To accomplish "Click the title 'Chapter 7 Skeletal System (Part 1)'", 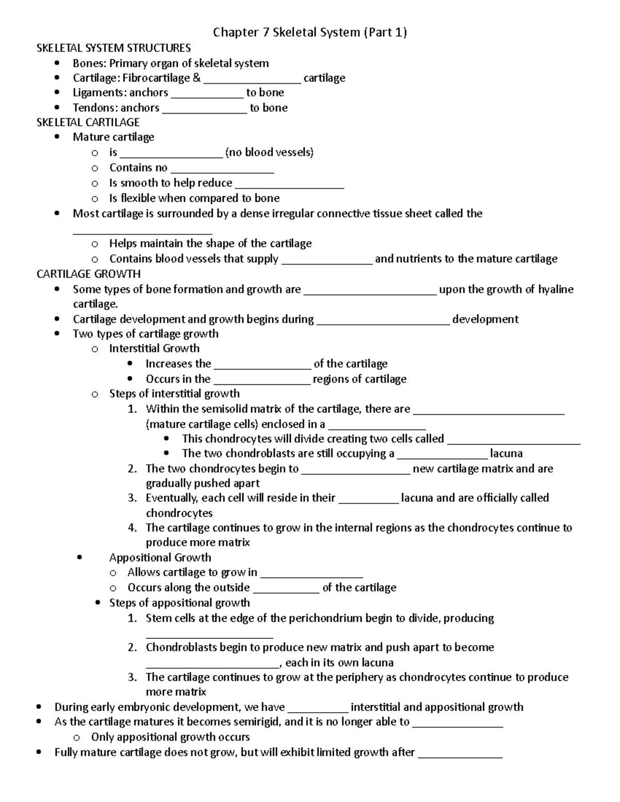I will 310,33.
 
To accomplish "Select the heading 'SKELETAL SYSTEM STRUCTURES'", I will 113,48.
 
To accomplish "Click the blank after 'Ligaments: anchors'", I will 207,93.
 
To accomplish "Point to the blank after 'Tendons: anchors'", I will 205,108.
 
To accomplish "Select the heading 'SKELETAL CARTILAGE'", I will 88,122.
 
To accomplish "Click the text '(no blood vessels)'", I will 269,152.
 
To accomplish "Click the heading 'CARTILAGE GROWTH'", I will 88,274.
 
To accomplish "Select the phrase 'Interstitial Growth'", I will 154,349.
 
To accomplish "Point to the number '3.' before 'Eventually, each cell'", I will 132,498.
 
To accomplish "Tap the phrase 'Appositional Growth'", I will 160,558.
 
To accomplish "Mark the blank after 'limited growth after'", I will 460,753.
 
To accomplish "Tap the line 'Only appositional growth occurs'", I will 171,737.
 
